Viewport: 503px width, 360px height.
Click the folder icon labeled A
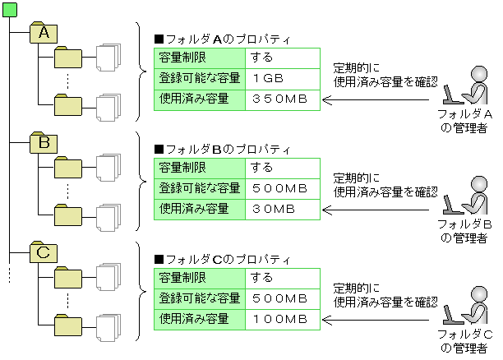tap(44, 33)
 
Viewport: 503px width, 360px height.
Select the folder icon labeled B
tap(44, 143)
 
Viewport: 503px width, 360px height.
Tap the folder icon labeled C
tap(44, 252)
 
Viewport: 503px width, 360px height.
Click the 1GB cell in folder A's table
tap(282, 79)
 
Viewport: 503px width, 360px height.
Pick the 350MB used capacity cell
tap(282, 99)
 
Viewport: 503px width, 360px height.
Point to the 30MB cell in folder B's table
tap(282, 209)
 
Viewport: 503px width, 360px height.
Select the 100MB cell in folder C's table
tap(282, 317)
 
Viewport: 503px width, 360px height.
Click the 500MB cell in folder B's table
tap(282, 188)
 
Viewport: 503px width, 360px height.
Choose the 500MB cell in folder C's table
tap(282, 298)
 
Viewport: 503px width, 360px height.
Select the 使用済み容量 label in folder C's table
tap(195, 317)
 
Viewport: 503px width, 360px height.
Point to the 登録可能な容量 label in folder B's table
tap(200, 188)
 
